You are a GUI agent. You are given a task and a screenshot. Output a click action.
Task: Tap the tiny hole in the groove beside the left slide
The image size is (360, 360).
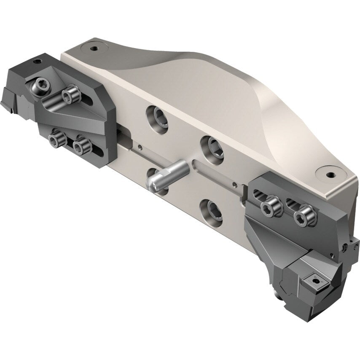[x=139, y=148]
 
